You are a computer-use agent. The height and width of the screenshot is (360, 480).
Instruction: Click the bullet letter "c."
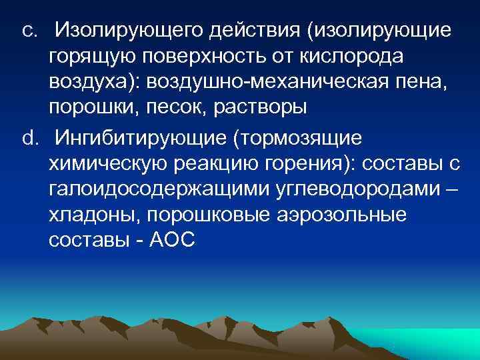(x=30, y=30)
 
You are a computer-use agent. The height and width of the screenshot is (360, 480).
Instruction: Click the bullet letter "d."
(x=30, y=138)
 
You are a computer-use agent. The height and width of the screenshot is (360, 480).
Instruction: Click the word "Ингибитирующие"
(x=151, y=138)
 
